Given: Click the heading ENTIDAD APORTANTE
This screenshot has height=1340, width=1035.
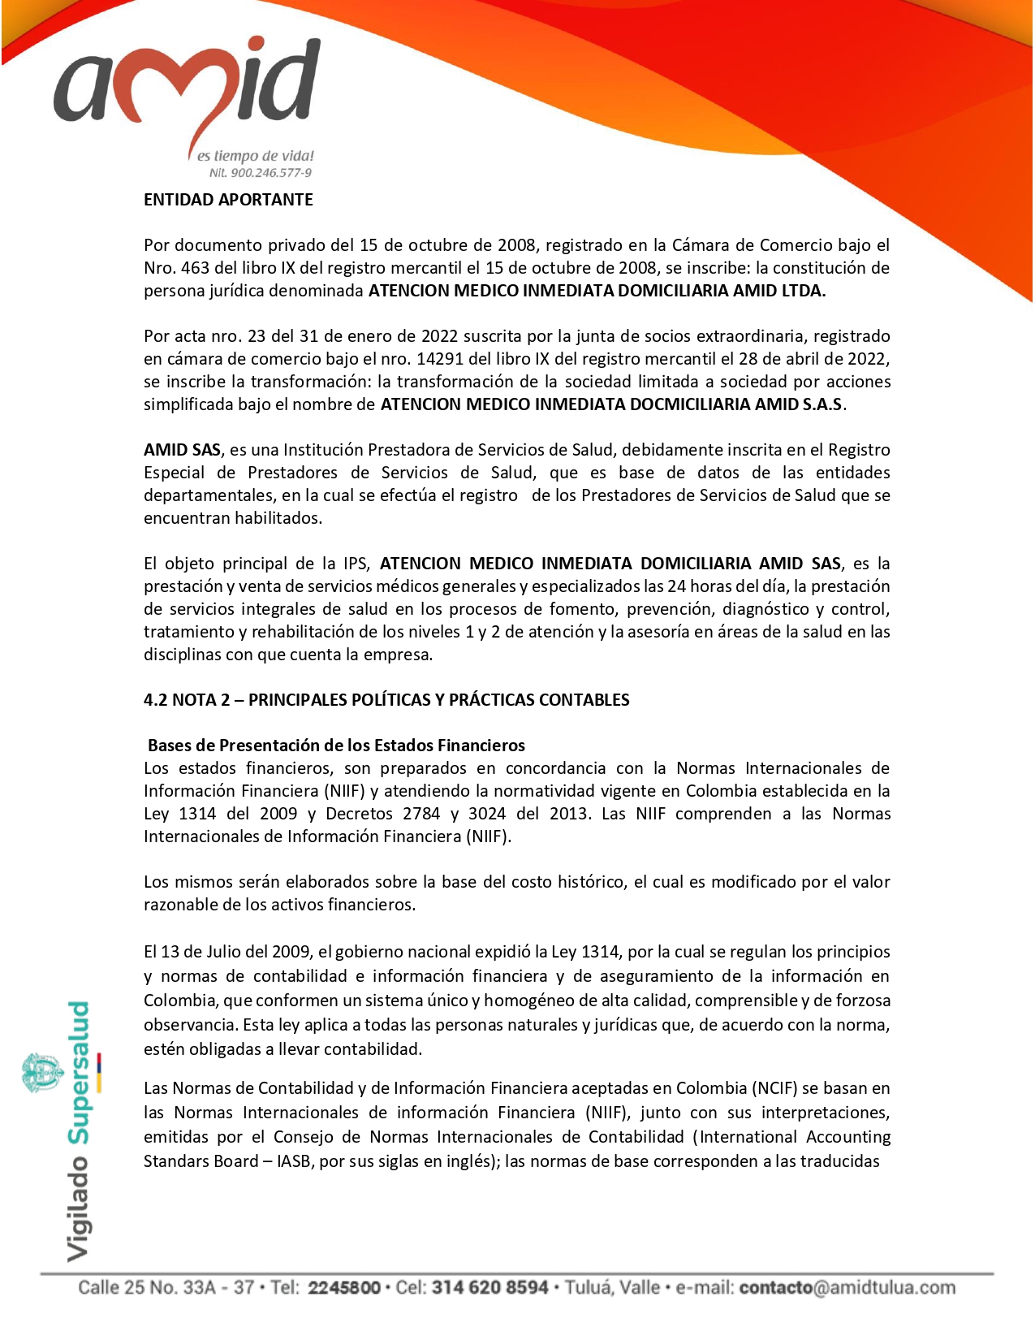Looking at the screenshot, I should click(228, 200).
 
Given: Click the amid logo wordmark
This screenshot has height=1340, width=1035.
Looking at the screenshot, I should click(188, 85).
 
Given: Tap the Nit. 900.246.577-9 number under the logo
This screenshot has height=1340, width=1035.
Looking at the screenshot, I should click(260, 173).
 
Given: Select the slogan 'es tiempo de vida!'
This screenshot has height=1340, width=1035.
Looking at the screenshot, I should click(255, 156).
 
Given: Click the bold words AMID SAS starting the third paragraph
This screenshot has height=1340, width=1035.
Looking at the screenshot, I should click(182, 450).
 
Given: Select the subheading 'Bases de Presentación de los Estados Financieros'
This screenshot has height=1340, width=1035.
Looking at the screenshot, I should click(336, 746).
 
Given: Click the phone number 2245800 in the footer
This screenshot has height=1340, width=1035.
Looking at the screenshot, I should click(344, 1288).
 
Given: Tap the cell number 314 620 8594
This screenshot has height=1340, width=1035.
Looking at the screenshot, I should click(489, 1288).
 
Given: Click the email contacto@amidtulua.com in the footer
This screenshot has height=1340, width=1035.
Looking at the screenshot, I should click(847, 1288).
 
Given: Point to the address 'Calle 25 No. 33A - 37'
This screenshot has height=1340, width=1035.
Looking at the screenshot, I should click(168, 1288).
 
